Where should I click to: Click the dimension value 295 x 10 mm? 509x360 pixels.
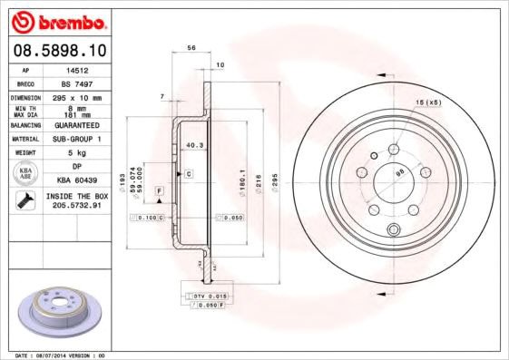78,97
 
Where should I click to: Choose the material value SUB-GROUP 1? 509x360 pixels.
78,139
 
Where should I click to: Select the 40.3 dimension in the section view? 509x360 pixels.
192,145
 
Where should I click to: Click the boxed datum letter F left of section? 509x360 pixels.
159,190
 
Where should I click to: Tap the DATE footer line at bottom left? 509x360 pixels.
61,355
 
